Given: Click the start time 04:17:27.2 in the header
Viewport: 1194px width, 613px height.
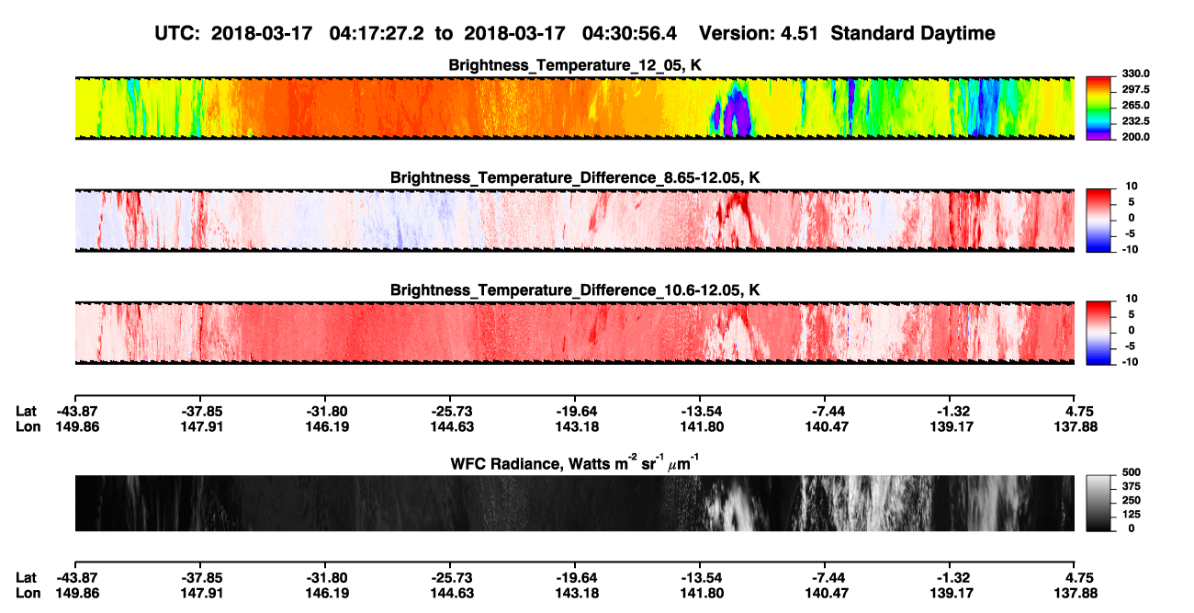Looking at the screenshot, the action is [x=377, y=34].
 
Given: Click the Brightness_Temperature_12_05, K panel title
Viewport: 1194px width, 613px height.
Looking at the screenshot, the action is [x=575, y=65].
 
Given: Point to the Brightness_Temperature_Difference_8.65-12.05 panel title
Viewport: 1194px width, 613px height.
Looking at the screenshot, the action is [x=575, y=177].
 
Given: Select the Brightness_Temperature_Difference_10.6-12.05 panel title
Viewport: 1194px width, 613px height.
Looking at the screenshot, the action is [x=575, y=290].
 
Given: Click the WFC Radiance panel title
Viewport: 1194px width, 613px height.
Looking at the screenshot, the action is [x=575, y=463].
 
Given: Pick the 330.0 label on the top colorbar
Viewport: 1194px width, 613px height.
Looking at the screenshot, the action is [x=1135, y=74].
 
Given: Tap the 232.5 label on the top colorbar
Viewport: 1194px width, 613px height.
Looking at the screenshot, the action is [x=1135, y=121].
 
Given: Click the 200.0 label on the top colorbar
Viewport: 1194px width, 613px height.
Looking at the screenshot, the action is [x=1135, y=137].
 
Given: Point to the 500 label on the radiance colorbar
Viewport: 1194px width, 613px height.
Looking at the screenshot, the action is [x=1132, y=472].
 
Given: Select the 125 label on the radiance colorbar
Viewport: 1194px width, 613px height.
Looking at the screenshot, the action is [x=1132, y=515].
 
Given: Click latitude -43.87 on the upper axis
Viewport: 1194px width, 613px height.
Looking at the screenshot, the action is [x=77, y=412].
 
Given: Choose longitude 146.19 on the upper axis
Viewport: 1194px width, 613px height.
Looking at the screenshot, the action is [x=327, y=427].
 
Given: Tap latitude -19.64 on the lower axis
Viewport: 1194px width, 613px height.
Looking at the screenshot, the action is [x=577, y=578].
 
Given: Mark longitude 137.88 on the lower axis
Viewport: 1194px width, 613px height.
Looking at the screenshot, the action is [x=1076, y=594].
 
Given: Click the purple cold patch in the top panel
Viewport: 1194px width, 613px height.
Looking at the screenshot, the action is [x=738, y=113].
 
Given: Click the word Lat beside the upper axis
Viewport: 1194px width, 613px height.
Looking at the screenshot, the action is [x=26, y=412].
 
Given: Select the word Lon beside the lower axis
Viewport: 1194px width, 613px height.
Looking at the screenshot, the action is [x=28, y=594].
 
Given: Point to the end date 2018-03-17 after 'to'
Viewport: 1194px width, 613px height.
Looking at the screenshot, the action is [x=514, y=34].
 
